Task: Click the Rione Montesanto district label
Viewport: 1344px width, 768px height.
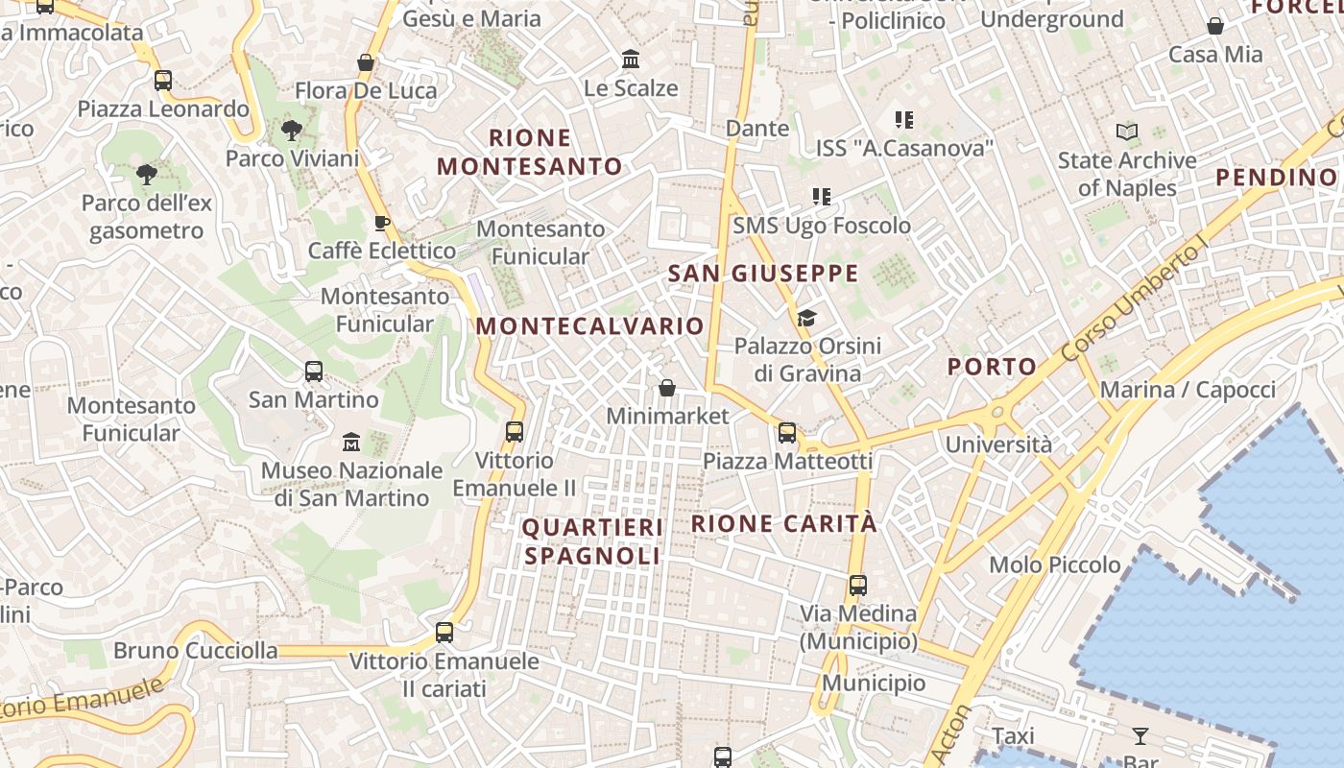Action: [x=530, y=152]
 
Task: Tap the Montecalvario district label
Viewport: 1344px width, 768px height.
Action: [x=590, y=326]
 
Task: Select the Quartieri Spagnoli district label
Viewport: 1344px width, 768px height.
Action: [x=592, y=541]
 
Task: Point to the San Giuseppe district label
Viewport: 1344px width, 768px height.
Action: [x=763, y=274]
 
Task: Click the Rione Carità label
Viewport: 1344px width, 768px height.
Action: [x=784, y=523]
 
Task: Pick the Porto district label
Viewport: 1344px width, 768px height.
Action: [x=992, y=366]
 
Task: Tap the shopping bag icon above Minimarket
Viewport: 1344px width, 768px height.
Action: [x=667, y=388]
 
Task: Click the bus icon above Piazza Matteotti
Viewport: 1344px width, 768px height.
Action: [x=787, y=433]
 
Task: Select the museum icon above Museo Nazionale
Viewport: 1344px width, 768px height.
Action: [x=351, y=443]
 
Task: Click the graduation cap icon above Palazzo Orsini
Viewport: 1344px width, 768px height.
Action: [x=806, y=318]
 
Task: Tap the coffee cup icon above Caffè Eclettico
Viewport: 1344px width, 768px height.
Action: [x=382, y=224]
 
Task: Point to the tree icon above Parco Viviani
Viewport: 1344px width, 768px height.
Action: [x=292, y=131]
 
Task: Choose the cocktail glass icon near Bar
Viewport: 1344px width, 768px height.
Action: [x=1140, y=736]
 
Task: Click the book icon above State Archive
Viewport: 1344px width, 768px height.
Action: [x=1127, y=132]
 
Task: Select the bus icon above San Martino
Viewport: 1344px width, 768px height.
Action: [x=314, y=372]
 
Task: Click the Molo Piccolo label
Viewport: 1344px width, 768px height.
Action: [x=1055, y=564]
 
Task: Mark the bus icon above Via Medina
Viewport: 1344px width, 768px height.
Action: [x=858, y=585]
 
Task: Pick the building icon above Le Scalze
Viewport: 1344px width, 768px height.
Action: [x=631, y=60]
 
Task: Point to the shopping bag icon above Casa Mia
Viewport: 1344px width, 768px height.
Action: [x=1215, y=26]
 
